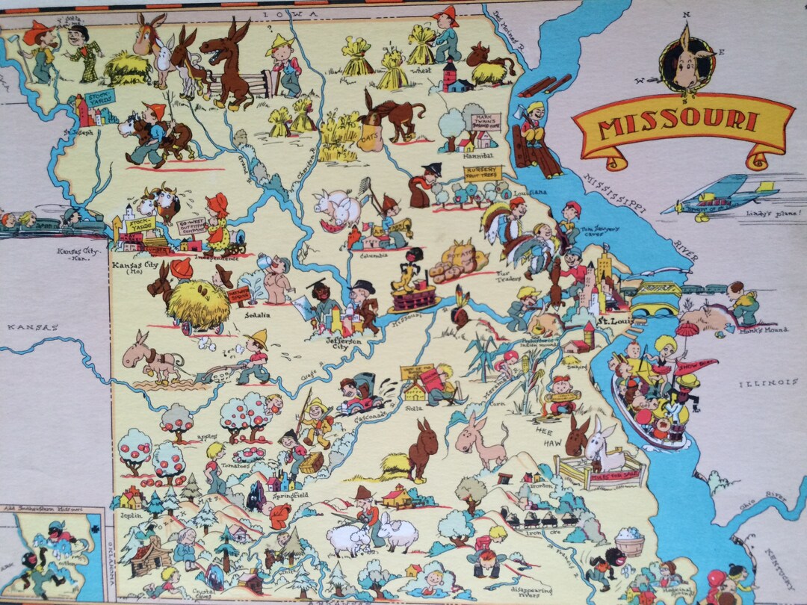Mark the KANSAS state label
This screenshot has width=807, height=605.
coord(33,327)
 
